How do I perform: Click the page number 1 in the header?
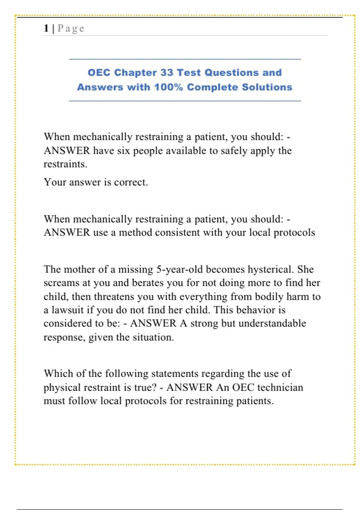(46, 28)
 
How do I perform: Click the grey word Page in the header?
(71, 28)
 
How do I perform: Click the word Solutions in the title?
(267, 87)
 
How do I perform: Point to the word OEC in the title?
(99, 73)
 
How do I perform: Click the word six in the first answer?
(123, 150)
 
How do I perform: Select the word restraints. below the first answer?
(65, 164)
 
